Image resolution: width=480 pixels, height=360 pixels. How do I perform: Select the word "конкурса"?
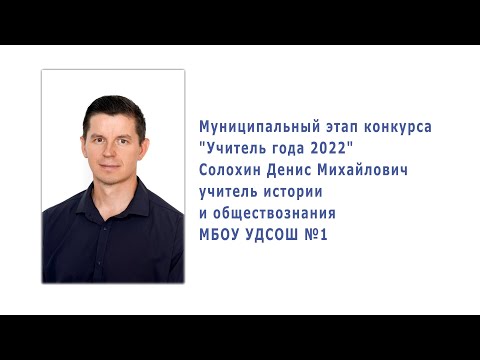[394, 129]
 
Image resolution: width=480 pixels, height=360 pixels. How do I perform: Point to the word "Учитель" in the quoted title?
[233, 150]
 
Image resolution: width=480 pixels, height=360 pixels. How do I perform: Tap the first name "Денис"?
[295, 171]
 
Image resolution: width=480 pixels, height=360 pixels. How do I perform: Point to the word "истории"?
[298, 192]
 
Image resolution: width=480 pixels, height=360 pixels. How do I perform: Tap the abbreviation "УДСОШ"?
[277, 234]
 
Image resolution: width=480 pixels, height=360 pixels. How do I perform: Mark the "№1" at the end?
[320, 234]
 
